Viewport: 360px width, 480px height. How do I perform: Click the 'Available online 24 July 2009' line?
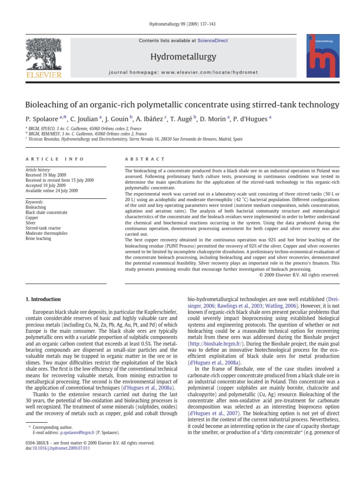coord(52,191)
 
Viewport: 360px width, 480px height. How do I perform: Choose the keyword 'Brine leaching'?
coord(38,239)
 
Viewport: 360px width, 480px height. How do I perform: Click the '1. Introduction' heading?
coord(43,299)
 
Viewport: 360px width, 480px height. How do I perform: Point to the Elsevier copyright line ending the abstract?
coord(299,275)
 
